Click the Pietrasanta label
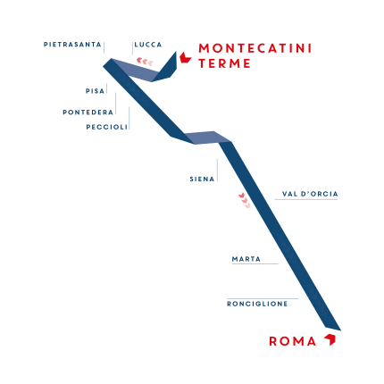(72, 45)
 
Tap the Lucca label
(148, 45)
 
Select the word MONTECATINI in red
(255, 48)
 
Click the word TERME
(224, 63)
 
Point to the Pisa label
(95, 91)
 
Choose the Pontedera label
(88, 113)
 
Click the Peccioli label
(107, 127)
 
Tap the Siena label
(202, 179)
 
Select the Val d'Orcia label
(310, 194)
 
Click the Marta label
(246, 259)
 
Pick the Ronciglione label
(257, 304)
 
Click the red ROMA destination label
(293, 341)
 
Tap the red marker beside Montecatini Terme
(185, 58)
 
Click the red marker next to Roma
(330, 339)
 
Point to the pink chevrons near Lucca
(145, 62)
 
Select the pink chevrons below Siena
(244, 200)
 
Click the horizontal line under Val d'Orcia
(306, 199)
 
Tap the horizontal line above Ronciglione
(263, 298)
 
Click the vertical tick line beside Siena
(217, 170)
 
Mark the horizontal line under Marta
(255, 263)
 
